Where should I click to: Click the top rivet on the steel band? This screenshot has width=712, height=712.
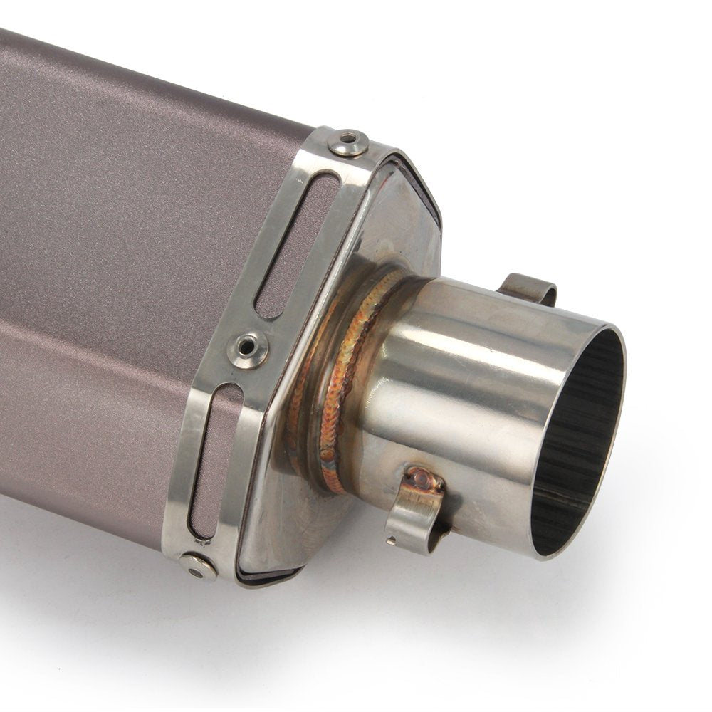(348, 142)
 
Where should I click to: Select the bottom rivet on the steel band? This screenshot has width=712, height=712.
(197, 565)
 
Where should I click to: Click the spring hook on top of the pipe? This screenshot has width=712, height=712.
(528, 288)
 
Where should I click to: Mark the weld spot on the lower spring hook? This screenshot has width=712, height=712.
(424, 478)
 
